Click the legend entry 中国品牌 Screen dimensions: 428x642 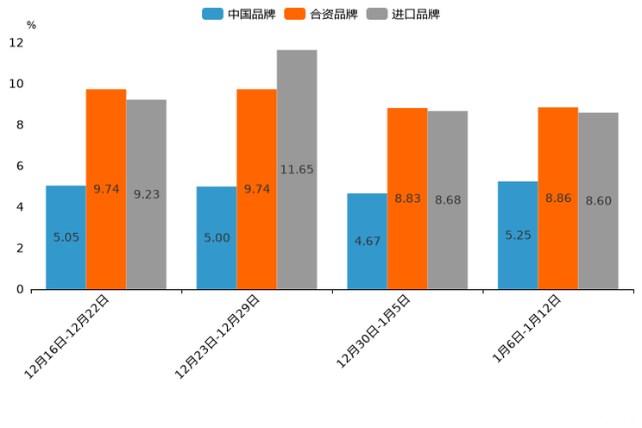click(239, 14)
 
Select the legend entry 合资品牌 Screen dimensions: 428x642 click(321, 14)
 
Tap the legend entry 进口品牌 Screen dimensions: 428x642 click(403, 14)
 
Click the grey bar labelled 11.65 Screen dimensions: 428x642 click(297, 169)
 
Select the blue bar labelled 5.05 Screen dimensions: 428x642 click(66, 237)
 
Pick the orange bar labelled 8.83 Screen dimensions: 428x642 click(407, 198)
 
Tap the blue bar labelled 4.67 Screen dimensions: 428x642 click(367, 242)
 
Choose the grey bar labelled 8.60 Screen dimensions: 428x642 click(598, 201)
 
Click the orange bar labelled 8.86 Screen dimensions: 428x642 click(557, 198)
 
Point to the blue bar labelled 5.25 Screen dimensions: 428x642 click(518, 235)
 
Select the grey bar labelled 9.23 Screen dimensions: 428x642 click(146, 194)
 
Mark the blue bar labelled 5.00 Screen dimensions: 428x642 click(217, 237)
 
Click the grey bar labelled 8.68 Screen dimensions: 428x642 click(447, 200)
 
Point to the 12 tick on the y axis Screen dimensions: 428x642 click(16, 42)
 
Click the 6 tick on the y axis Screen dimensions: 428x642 click(20, 166)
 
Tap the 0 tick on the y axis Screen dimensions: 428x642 click(20, 289)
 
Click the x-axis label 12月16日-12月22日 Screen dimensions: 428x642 click(68, 336)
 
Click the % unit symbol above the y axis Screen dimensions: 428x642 click(31, 25)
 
